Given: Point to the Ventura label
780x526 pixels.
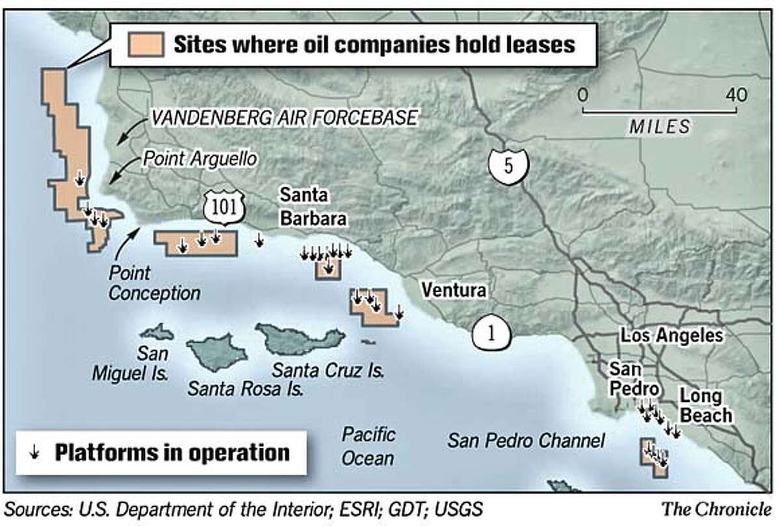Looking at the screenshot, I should point(453,290).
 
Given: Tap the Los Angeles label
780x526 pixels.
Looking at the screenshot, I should point(671,335).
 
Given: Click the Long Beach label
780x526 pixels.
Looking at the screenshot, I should point(706,405).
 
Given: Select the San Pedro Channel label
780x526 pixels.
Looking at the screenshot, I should point(526,441).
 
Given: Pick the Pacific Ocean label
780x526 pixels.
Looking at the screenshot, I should point(368,446).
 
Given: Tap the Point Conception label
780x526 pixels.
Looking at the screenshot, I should point(154,283).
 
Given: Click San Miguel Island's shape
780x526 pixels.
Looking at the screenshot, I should point(157,332).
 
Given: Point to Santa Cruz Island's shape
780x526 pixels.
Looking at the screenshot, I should point(300,337).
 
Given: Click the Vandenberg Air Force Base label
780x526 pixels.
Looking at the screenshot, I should point(284,118).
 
